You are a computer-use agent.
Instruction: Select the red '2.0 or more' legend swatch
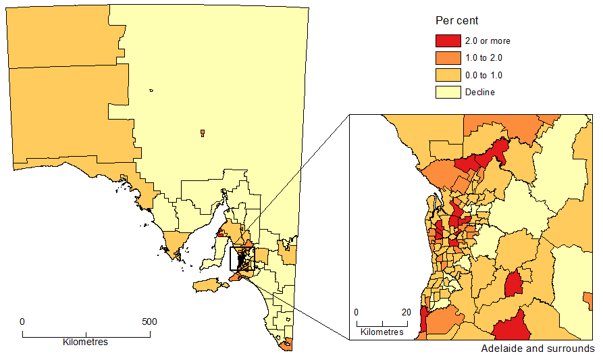(448, 41)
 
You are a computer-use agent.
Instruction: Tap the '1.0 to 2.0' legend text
(483, 58)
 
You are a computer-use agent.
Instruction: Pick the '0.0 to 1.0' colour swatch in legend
(448, 75)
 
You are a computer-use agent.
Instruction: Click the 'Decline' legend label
(479, 92)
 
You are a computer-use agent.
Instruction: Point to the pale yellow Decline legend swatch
(448, 92)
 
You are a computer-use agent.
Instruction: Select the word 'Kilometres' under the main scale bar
(85, 342)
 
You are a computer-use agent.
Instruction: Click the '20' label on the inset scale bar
(407, 312)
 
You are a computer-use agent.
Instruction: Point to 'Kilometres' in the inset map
(382, 332)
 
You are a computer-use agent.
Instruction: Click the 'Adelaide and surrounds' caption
(538, 349)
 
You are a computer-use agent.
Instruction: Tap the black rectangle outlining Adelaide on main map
(242, 259)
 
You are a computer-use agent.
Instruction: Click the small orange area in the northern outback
(202, 133)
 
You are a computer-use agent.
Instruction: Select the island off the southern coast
(211, 286)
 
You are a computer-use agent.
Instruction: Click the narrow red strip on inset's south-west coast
(424, 320)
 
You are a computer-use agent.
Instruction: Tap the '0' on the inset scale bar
(356, 312)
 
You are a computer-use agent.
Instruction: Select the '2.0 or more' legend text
(488, 41)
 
